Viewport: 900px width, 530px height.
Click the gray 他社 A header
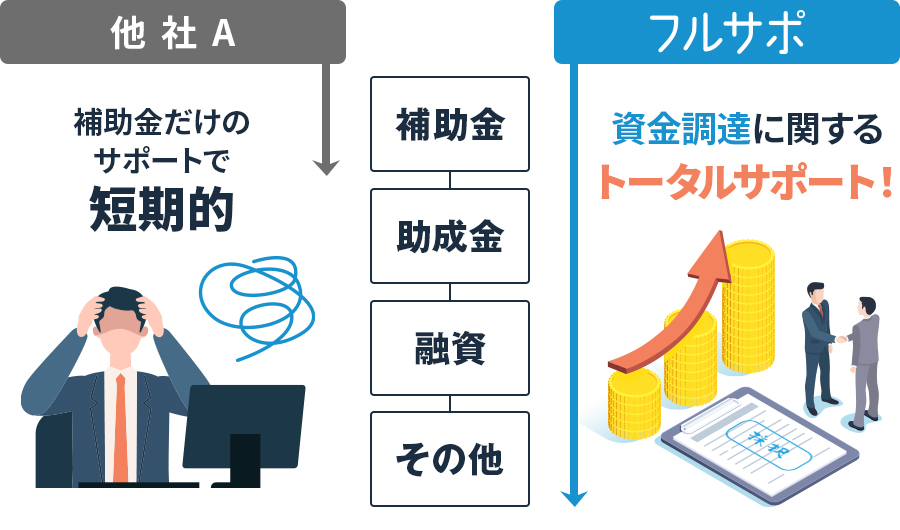172,32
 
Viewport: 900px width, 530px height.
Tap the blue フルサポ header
726,32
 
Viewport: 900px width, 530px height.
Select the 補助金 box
449,125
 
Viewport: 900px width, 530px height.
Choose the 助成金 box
449,236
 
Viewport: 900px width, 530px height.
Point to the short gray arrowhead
324,166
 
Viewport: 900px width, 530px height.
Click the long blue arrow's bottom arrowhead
574,497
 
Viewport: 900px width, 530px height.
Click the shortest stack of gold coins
634,400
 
